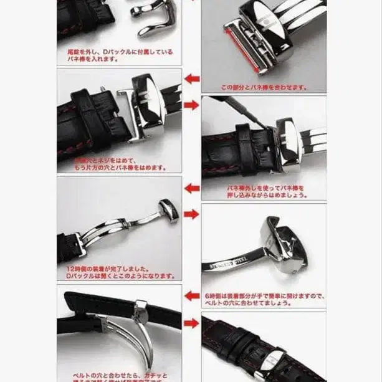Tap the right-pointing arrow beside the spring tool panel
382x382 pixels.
click(x=192, y=105)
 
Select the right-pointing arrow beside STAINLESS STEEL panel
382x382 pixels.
click(x=192, y=214)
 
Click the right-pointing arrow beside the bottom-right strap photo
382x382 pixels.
click(x=192, y=325)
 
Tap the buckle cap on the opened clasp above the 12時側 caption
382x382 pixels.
click(x=168, y=210)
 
